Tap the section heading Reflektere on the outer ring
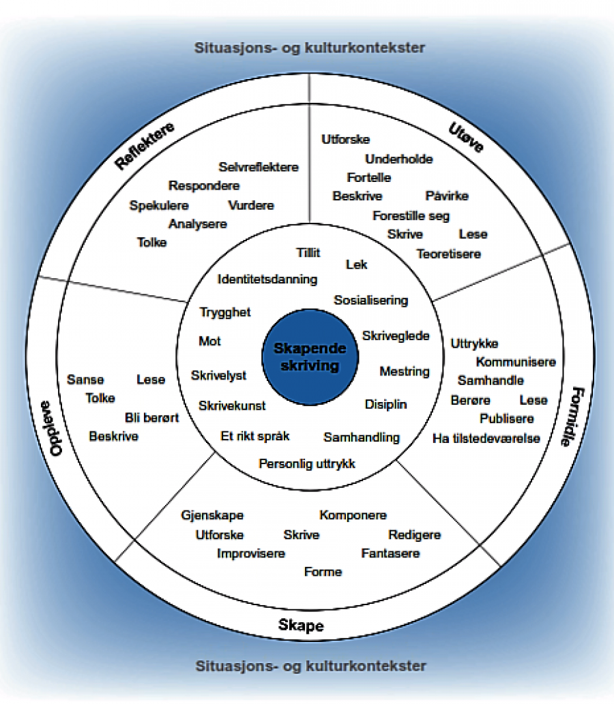(x=145, y=145)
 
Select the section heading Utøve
(x=466, y=137)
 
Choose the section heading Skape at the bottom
(x=301, y=626)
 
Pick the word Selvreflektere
(x=259, y=167)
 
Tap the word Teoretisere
(x=448, y=254)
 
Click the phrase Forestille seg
(x=411, y=215)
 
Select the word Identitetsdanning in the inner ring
(x=267, y=279)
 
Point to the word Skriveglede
(x=396, y=335)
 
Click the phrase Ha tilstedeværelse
(x=486, y=438)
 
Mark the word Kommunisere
(x=516, y=362)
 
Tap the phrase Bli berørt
(x=151, y=417)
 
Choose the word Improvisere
(x=251, y=553)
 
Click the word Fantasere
(x=390, y=553)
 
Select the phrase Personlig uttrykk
(x=307, y=464)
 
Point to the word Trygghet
(x=225, y=312)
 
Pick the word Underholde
(x=399, y=159)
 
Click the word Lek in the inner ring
(x=356, y=264)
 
